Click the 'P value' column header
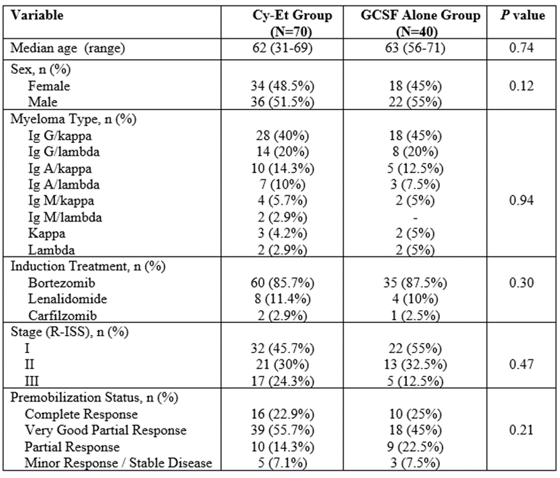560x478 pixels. click(522, 15)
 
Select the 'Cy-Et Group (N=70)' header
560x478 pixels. click(292, 23)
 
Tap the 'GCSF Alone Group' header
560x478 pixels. click(420, 15)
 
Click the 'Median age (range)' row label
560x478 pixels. click(68, 48)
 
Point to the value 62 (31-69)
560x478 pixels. click(282, 48)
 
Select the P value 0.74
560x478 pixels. click(522, 48)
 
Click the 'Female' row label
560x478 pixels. click(49, 86)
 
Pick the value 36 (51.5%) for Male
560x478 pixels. click(282, 102)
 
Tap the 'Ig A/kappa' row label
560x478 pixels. click(60, 169)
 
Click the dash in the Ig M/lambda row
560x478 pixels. click(415, 218)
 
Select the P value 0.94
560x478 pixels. click(522, 201)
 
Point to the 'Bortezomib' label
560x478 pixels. click(61, 283)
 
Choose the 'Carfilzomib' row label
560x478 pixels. click(62, 316)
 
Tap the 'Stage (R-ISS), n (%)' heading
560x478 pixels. click(69, 332)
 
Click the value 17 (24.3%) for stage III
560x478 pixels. click(282, 381)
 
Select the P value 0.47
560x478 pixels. click(522, 365)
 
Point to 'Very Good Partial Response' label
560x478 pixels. click(105, 430)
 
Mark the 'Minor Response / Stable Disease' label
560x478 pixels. click(118, 463)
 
